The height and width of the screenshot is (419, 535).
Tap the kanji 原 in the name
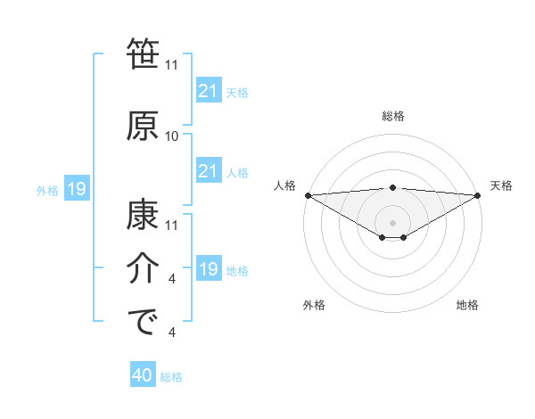click(144, 125)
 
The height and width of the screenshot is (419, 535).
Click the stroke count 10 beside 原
click(172, 136)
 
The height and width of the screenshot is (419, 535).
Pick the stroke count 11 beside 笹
click(172, 65)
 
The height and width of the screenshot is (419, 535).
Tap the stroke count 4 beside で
click(172, 333)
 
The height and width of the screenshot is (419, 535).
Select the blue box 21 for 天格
click(208, 90)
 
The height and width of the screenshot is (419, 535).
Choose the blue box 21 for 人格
click(208, 170)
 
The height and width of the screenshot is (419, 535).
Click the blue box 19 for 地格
click(208, 268)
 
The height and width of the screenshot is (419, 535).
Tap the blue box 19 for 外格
click(76, 188)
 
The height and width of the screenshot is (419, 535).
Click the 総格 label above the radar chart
click(393, 116)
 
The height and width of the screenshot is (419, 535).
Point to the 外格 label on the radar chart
click(314, 305)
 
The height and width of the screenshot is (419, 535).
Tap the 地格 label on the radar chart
click(467, 305)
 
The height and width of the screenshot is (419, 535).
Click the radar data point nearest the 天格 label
click(479, 194)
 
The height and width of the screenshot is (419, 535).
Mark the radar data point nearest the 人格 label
click(308, 194)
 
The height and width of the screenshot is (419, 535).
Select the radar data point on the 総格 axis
click(393, 187)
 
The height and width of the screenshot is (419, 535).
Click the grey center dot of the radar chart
click(393, 222)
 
